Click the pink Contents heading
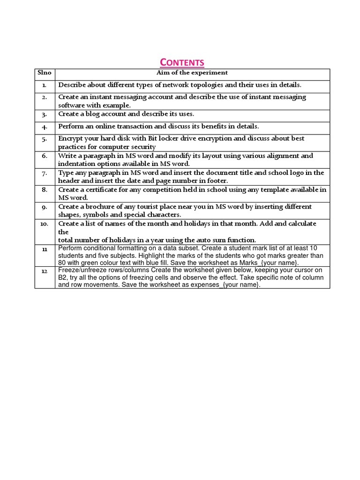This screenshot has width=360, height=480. pyautogui.click(x=182, y=62)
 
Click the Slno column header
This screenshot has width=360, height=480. pyautogui.click(x=45, y=73)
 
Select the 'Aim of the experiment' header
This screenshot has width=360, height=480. pyautogui.click(x=192, y=73)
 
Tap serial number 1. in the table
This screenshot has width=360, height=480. pyautogui.click(x=45, y=85)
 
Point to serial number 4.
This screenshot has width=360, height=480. pyautogui.click(x=45, y=127)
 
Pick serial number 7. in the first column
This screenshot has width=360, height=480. pyautogui.click(x=45, y=173)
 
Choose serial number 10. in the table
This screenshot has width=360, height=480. pyautogui.click(x=45, y=224)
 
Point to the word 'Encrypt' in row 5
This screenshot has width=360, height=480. pyautogui.click(x=70, y=139)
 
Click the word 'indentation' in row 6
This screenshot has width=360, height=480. pyautogui.click(x=75, y=164)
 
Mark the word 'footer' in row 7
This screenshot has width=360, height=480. pyautogui.click(x=216, y=181)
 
